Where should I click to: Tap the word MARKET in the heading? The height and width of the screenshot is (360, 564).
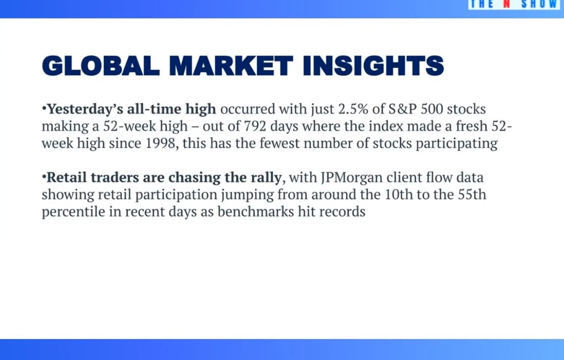click(231, 66)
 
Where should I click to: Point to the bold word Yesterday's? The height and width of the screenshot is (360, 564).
click(78, 109)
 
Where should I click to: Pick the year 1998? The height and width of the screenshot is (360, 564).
click(162, 144)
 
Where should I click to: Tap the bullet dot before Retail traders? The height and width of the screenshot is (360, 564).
click(44, 177)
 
